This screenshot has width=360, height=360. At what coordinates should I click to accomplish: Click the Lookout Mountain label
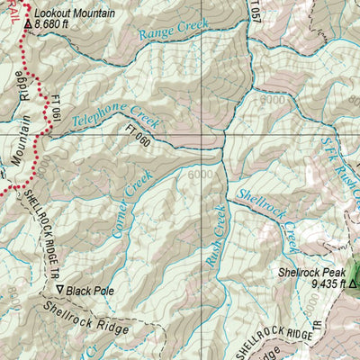81,13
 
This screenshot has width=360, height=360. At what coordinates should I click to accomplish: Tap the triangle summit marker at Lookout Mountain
28,25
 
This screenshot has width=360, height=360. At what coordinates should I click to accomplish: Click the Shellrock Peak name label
310,271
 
